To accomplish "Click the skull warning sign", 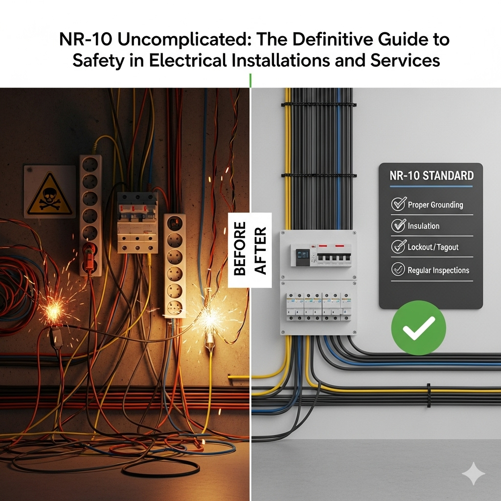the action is pyautogui.click(x=49, y=192).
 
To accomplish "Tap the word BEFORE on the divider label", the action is pyautogui.click(x=240, y=249).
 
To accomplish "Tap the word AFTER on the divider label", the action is pyautogui.click(x=260, y=251).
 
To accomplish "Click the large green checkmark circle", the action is pyautogui.click(x=419, y=327).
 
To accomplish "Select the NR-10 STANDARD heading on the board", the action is pyautogui.click(x=432, y=176).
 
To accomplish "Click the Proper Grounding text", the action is pyautogui.click(x=435, y=205).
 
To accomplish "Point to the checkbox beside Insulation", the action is pyautogui.click(x=398, y=225).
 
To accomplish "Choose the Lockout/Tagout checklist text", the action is pyautogui.click(x=433, y=247).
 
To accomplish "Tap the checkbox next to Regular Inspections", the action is pyautogui.click(x=398, y=269).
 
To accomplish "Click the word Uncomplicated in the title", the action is pyautogui.click(x=184, y=40).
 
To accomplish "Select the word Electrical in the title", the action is pyautogui.click(x=188, y=60).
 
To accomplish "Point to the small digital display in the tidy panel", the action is pyautogui.click(x=302, y=255).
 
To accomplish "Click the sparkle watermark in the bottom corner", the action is pyautogui.click(x=473, y=473).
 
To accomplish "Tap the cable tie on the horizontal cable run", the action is pyautogui.click(x=429, y=395).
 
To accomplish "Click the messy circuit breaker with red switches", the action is pyautogui.click(x=137, y=222).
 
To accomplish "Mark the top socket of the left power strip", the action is pyautogui.click(x=90, y=164).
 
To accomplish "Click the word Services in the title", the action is pyautogui.click(x=405, y=60).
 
